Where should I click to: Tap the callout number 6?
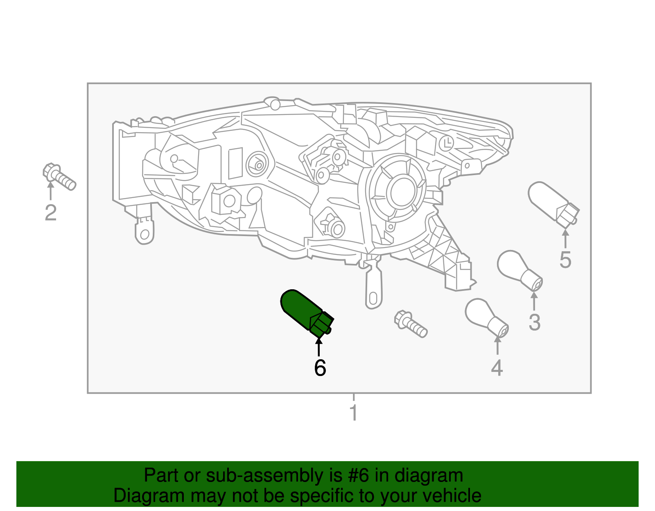coord(320,368)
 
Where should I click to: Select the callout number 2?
coord(50,213)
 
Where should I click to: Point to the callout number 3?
coord(534,322)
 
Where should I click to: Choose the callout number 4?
coord(497,368)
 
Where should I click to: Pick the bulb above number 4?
coord(486,317)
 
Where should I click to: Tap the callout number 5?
coord(565,260)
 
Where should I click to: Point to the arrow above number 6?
coord(318,346)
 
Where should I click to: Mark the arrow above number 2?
coord(50,191)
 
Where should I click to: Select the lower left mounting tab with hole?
coord(144,232)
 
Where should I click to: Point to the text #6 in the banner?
coord(359,476)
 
